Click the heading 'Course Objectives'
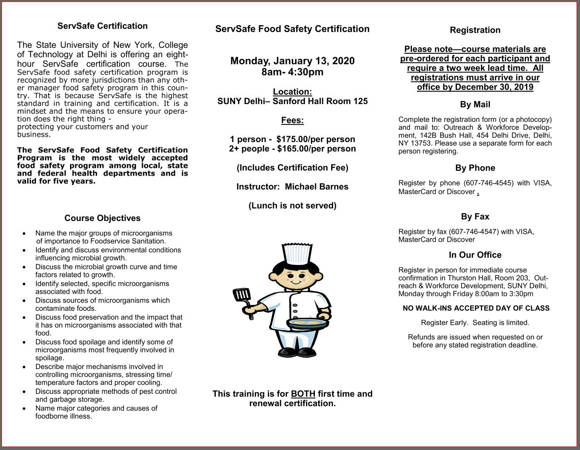click(x=102, y=218)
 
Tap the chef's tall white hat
click(x=297, y=253)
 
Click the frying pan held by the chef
click(x=308, y=324)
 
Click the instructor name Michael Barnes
click(x=316, y=187)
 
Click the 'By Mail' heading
click(x=475, y=105)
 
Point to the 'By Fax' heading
click(x=475, y=217)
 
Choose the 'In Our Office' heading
click(x=475, y=255)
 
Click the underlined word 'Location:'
click(x=292, y=92)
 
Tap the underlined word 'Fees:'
click(x=292, y=120)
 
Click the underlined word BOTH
click(x=303, y=394)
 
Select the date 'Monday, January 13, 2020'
click(x=292, y=61)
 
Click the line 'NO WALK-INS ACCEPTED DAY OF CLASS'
click(x=476, y=308)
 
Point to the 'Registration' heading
click(x=475, y=30)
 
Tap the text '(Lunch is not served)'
click(x=292, y=206)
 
